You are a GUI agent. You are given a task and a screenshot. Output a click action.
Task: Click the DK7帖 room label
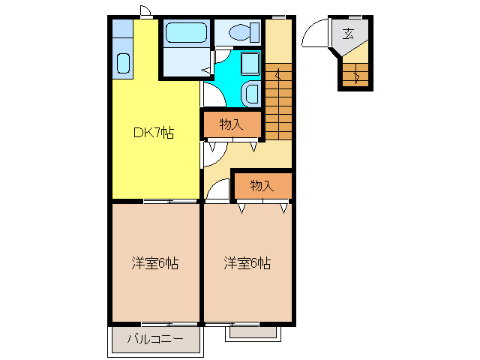click(154, 133)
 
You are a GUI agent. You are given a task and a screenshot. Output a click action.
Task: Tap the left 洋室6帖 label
click(155, 263)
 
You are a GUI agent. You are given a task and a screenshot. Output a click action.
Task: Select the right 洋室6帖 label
click(247, 263)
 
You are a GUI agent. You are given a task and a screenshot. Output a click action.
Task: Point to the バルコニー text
click(155, 339)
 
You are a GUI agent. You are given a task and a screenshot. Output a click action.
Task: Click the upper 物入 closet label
click(231, 124)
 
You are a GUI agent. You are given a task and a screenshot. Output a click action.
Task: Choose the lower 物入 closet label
click(261, 185)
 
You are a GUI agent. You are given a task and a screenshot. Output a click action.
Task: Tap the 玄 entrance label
click(349, 33)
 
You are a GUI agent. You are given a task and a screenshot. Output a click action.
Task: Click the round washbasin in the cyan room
click(252, 94)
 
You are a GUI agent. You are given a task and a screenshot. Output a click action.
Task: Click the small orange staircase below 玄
click(354, 74)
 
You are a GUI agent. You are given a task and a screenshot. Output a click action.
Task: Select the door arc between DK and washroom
click(211, 94)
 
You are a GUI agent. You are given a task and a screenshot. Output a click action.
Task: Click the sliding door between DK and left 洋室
click(170, 201)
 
